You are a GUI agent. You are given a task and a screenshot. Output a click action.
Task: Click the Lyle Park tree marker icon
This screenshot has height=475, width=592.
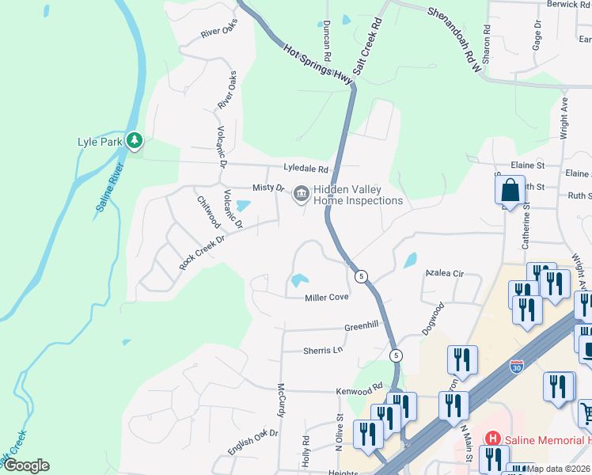135,141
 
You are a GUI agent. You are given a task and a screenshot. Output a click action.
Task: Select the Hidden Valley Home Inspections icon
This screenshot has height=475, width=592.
301,193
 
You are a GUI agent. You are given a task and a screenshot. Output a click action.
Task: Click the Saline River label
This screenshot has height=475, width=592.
112,188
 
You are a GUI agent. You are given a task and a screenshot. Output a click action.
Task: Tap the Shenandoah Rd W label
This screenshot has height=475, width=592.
454,40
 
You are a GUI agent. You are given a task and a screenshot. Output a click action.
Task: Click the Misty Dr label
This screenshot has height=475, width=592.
268,188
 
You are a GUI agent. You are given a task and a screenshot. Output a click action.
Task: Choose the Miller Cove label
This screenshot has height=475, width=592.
327,298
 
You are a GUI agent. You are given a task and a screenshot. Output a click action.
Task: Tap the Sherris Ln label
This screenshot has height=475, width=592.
323,350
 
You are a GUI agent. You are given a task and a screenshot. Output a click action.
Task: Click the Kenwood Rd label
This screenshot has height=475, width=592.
359,392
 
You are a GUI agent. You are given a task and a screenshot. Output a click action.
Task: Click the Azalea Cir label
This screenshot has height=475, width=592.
444,273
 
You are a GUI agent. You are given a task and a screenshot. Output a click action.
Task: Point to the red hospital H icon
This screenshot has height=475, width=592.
492,438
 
